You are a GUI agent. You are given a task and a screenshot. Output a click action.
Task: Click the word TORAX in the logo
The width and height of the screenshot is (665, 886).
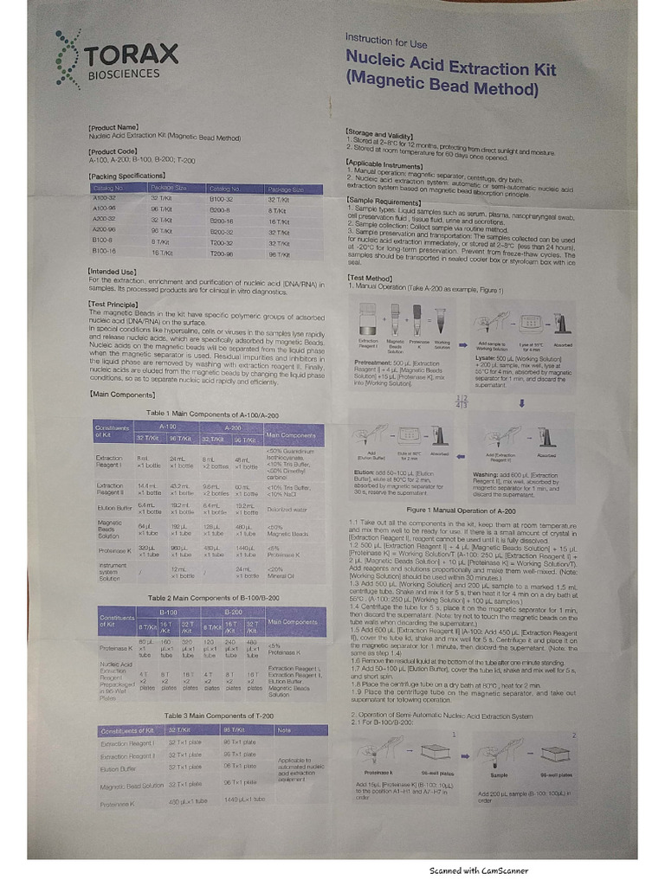pyautogui.click(x=132, y=55)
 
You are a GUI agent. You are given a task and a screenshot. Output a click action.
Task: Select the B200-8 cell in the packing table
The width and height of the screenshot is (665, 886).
pyautogui.click(x=218, y=209)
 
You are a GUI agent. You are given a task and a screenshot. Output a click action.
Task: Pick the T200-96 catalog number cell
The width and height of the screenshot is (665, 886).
pyautogui.click(x=221, y=254)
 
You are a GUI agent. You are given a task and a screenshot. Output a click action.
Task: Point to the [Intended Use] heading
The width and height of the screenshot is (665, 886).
pyautogui.click(x=113, y=272)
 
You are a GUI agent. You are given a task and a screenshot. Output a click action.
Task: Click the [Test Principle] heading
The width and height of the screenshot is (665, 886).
pyautogui.click(x=115, y=305)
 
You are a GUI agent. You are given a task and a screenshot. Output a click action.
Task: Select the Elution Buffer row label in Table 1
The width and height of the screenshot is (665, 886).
pyautogui.click(x=113, y=508)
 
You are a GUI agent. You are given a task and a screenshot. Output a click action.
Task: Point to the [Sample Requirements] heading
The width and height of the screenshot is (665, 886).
pyautogui.click(x=384, y=198)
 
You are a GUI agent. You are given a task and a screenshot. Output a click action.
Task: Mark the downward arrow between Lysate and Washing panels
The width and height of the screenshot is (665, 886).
pyautogui.click(x=521, y=402)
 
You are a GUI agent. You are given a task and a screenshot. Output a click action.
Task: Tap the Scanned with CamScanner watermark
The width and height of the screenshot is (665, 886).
pyautogui.click(x=478, y=871)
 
